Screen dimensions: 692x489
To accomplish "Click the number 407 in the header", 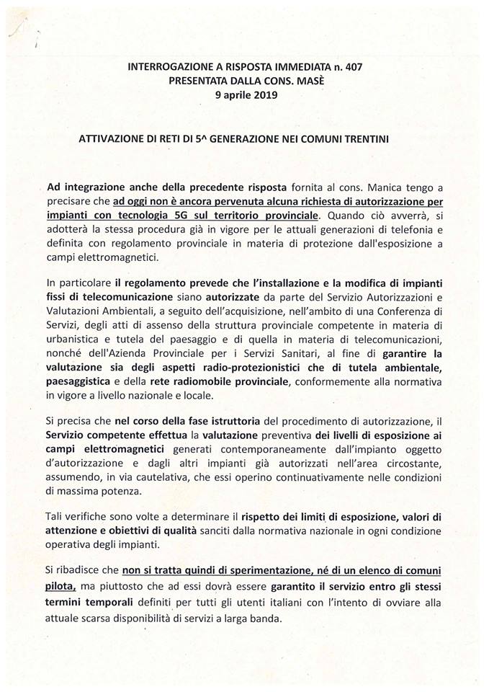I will (x=353, y=66).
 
